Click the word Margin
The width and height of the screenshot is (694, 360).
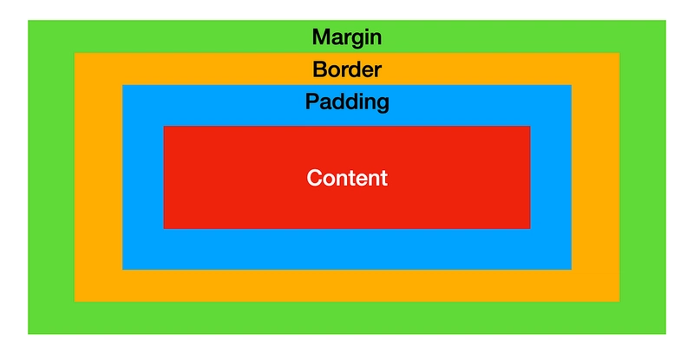[347, 37]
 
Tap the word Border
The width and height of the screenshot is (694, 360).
[347, 69]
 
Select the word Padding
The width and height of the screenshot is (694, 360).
[347, 102]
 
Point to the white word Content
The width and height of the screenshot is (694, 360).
[347, 178]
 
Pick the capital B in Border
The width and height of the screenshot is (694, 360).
[319, 69]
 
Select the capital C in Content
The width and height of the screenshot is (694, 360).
[314, 178]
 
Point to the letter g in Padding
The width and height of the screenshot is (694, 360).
[383, 104]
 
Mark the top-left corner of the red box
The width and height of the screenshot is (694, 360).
[164, 126]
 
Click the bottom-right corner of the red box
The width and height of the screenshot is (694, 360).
[530, 229]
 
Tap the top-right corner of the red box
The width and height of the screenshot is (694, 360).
[530, 126]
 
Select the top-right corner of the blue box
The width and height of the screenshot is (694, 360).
[572, 85]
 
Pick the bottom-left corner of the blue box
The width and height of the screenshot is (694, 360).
[122, 269]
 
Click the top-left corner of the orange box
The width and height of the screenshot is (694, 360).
[75, 53]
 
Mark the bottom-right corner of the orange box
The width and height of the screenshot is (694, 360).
[619, 302]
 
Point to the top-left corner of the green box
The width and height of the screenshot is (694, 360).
[28, 20]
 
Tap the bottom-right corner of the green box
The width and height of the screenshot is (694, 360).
[666, 334]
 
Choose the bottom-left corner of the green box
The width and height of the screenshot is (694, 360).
[28, 334]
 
